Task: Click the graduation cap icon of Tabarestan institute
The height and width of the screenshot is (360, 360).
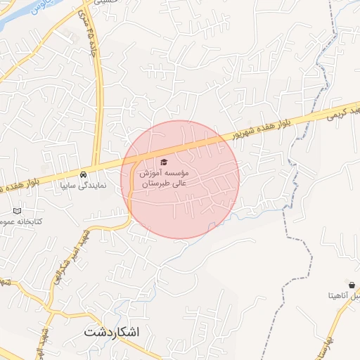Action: click(x=165, y=163)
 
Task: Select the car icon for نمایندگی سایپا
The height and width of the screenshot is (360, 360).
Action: click(x=84, y=175)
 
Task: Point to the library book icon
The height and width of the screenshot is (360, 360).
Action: click(x=18, y=210)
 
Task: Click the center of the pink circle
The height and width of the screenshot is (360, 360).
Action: click(x=180, y=180)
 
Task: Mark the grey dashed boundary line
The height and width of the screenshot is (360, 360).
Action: click(x=295, y=232)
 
